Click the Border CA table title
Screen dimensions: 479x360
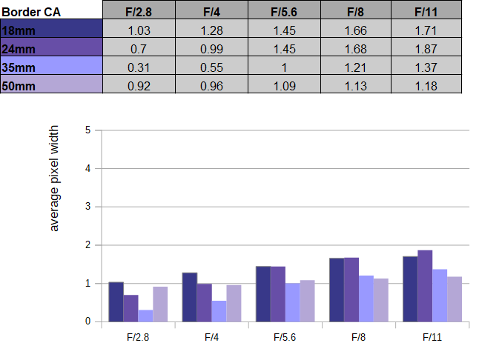(31, 12)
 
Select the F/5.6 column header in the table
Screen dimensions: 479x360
(284, 12)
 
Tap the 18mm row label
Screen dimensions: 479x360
(19, 30)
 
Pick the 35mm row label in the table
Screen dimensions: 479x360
(19, 67)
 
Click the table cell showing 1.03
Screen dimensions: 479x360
(139, 30)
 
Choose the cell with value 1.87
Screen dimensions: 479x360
(426, 49)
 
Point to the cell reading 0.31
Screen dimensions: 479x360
(139, 67)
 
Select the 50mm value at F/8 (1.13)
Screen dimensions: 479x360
(356, 86)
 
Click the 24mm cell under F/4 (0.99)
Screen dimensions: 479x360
(211, 49)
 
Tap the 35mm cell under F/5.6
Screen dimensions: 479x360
(284, 67)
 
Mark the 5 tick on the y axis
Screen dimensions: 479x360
(88, 130)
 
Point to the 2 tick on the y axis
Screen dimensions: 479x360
(88, 245)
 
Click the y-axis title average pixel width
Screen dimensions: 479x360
(54, 179)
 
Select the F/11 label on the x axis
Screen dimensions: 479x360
(432, 337)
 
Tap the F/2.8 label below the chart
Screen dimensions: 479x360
(138, 337)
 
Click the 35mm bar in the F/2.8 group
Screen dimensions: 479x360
(145, 316)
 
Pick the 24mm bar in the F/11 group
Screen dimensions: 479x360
(425, 286)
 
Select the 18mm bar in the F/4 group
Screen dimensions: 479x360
(190, 297)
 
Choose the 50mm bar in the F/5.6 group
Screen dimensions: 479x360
(307, 301)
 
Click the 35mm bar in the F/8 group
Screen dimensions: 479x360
(366, 299)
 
